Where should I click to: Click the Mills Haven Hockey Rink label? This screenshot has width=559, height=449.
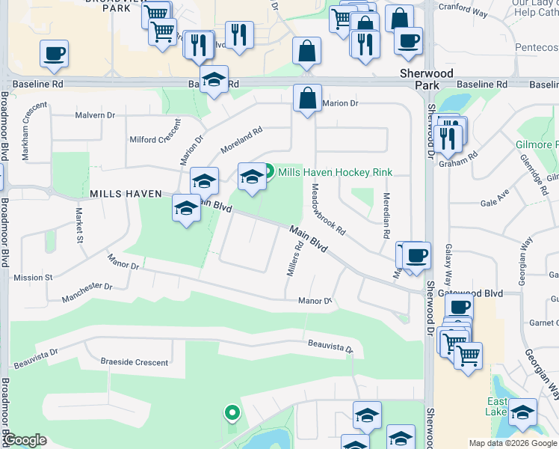(335, 172)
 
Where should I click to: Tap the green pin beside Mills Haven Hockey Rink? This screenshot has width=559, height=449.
(267, 171)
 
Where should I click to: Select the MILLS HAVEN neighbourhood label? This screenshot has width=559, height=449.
(126, 194)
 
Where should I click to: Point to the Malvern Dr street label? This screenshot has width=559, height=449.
(95, 116)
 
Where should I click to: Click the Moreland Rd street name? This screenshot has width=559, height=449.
(241, 140)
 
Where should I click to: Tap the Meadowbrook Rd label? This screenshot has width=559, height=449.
(328, 208)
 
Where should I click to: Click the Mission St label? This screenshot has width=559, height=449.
(33, 278)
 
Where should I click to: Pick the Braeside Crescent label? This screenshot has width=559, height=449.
(134, 362)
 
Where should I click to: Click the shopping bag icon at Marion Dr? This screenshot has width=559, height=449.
(307, 98)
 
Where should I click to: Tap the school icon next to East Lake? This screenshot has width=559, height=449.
(522, 412)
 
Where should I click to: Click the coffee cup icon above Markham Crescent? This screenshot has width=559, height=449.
(55, 54)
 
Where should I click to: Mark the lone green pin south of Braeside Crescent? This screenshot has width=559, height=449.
(232, 412)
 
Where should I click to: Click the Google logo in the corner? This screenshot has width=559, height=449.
(25, 440)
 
